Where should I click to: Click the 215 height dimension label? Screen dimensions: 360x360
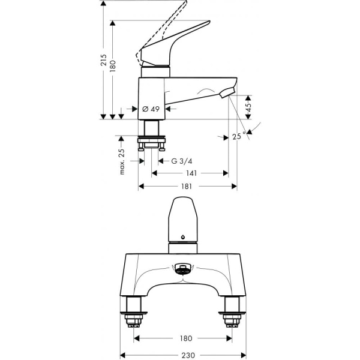tap(103, 61)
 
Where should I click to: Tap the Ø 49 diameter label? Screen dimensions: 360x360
tap(151, 109)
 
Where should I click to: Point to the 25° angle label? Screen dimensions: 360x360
tap(239, 137)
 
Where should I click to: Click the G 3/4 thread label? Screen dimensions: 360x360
tap(181, 161)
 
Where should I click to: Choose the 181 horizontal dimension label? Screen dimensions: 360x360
tap(187, 187)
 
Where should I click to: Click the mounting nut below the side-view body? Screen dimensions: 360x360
tap(153, 144)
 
